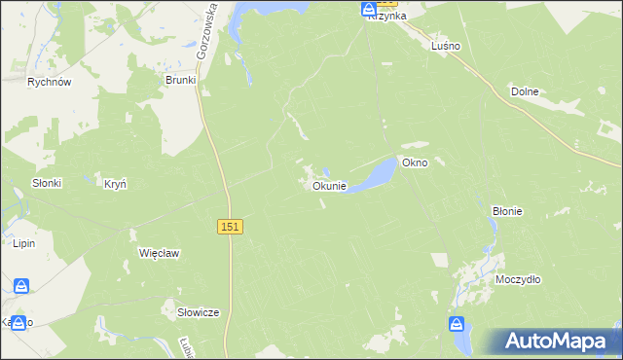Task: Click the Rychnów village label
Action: pos(51,83)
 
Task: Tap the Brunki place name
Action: pos(181,80)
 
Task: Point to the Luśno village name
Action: pos(445,46)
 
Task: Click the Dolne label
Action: pos(525,91)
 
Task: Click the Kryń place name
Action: pos(115,183)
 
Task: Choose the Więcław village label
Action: pos(159,253)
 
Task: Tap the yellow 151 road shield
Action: pos(230,226)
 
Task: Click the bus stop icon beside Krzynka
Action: pos(369,10)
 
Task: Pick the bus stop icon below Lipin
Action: pos(21,286)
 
